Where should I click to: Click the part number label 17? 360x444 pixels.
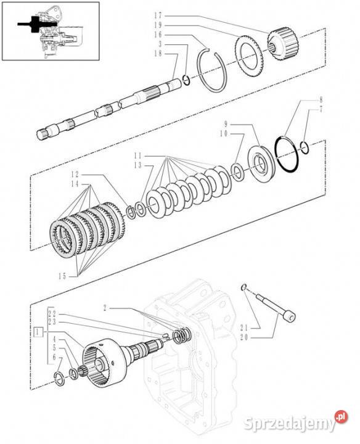158,15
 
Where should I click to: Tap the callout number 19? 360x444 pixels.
158,25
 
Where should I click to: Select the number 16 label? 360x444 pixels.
158,35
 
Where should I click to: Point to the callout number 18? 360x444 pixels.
158,53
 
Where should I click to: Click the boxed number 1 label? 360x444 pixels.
38,331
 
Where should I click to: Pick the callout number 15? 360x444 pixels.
62,276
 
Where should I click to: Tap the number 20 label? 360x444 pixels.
244,337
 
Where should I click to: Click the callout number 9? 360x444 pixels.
226,124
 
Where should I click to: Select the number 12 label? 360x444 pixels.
75,175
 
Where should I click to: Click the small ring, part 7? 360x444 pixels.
305,148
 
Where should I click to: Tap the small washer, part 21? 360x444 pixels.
243,287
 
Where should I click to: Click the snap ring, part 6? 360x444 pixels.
60,379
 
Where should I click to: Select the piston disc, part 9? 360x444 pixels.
261,163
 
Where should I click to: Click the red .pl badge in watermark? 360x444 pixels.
341,417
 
